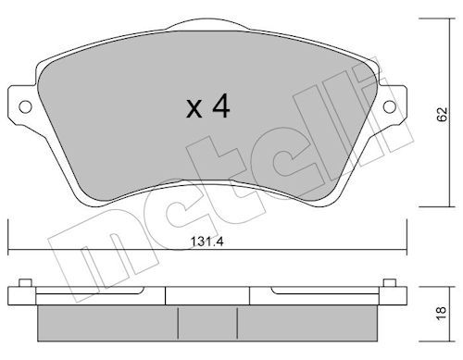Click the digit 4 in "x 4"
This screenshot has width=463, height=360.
coord(220,108)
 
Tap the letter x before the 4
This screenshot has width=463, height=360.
coord(194,110)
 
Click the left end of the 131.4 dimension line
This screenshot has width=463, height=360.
coord(8,249)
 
